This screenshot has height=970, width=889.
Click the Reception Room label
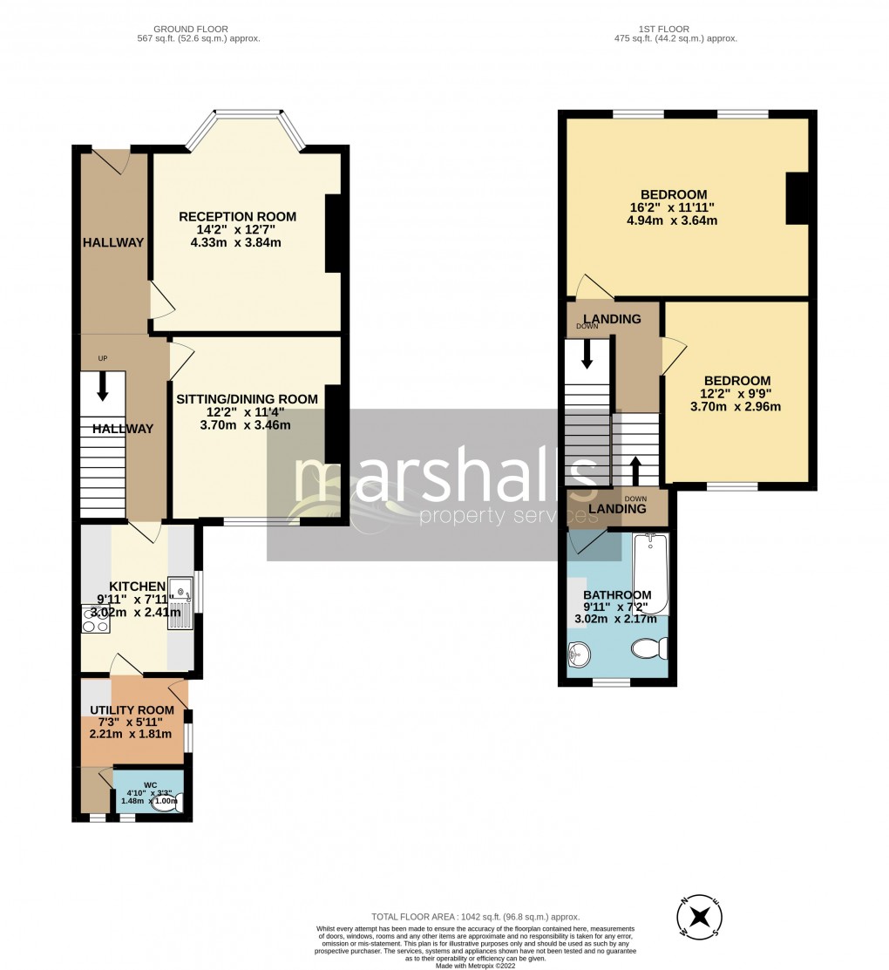click(x=237, y=216)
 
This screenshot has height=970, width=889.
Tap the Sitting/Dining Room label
click(x=247, y=399)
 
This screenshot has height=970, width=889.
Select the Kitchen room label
click(x=137, y=586)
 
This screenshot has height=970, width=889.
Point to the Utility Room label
click(x=132, y=710)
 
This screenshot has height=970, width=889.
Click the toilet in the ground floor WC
click(x=163, y=804)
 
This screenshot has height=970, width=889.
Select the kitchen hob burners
click(x=92, y=620)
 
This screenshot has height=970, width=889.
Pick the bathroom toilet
click(x=649, y=648)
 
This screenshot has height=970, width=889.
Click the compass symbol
click(x=699, y=917)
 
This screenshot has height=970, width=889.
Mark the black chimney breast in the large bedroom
click(x=797, y=199)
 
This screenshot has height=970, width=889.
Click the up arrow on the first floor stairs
click(x=635, y=470)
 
